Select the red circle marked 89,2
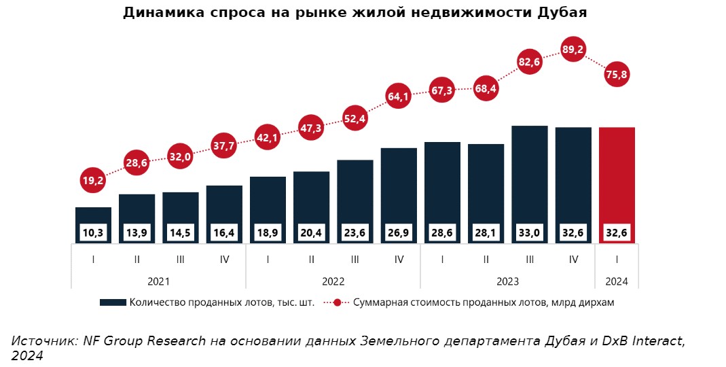pyautogui.click(x=573, y=49)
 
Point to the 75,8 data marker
pyautogui.click(x=616, y=75)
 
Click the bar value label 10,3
pyautogui.click(x=94, y=232)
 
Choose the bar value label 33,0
pyautogui.click(x=529, y=232)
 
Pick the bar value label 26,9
pyautogui.click(x=399, y=232)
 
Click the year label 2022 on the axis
pyautogui.click(x=333, y=281)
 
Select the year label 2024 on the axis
pyautogui.click(x=617, y=281)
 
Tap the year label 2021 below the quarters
pyautogui.click(x=158, y=281)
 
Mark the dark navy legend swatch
pyautogui.click(x=112, y=303)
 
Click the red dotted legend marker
pyautogui.click(x=337, y=303)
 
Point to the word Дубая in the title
pyautogui.click(x=562, y=13)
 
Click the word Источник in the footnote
pyautogui.click(x=44, y=341)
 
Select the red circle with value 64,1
pyautogui.click(x=399, y=97)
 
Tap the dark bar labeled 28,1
pyautogui.click(x=486, y=183)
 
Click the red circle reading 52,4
pyautogui.click(x=355, y=118)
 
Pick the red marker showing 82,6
pyautogui.click(x=529, y=63)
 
